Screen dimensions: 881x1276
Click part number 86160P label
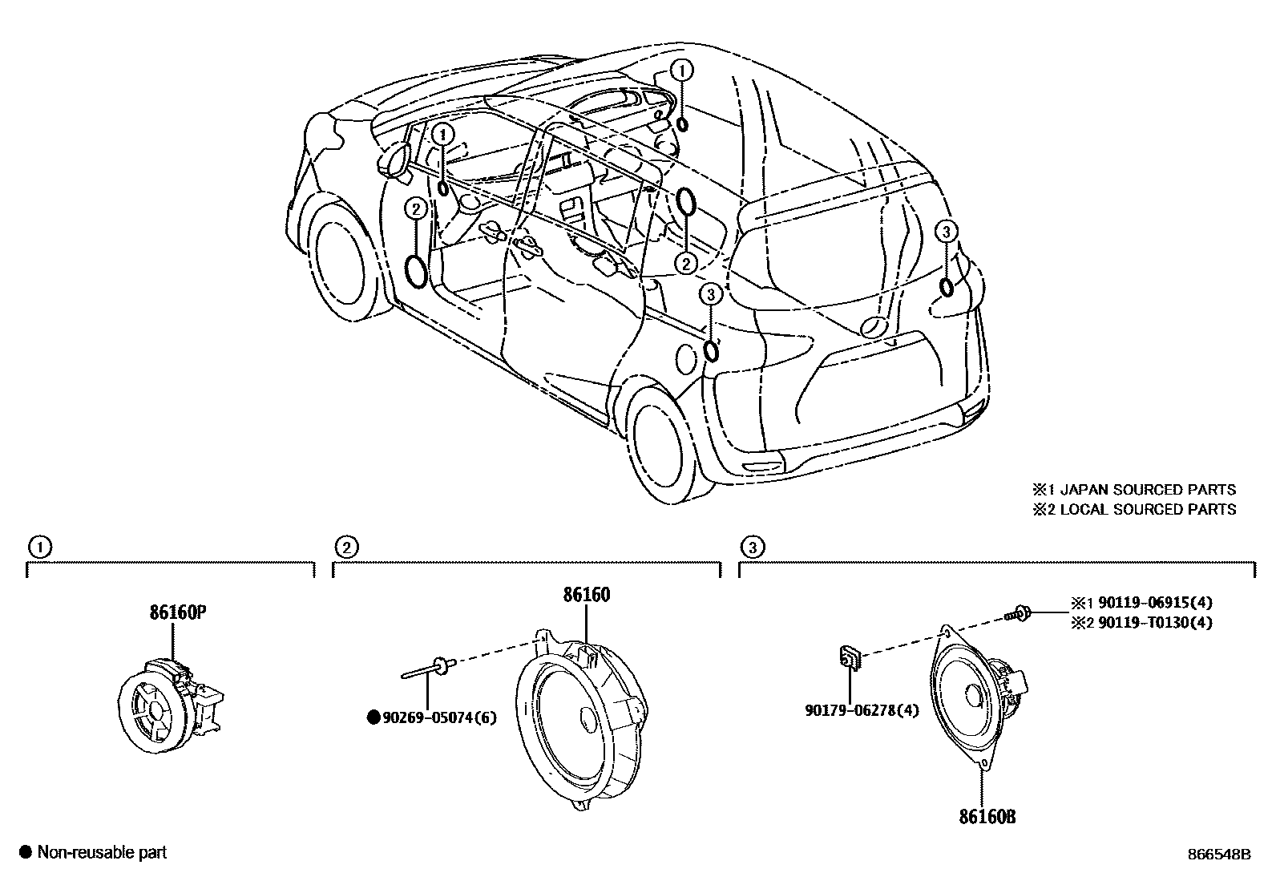[177, 614]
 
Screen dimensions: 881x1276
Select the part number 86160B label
[987, 817]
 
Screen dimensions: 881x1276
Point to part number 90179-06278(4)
[861, 709]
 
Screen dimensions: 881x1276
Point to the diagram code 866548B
[1218, 855]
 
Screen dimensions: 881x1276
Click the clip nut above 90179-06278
[850, 658]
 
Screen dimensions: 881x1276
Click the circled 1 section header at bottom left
[38, 548]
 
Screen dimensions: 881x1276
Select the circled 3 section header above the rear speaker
[750, 548]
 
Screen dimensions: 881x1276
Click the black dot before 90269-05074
[373, 717]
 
